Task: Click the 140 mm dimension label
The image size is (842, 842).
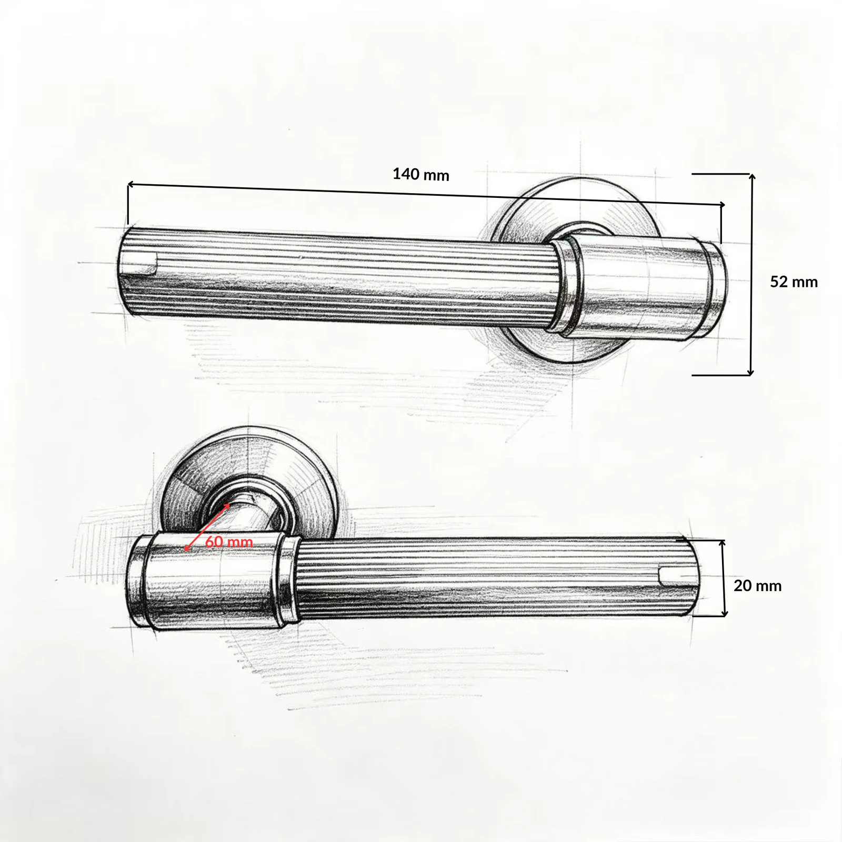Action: click(x=421, y=174)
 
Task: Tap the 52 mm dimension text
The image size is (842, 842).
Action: click(x=794, y=282)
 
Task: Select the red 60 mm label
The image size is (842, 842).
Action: click(x=229, y=542)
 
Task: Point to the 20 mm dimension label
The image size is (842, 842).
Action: click(x=757, y=586)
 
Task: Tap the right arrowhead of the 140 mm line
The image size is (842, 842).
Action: click(x=721, y=204)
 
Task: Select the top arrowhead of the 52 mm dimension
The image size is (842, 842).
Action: click(x=753, y=177)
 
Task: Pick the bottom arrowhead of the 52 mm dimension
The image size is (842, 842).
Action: click(x=750, y=372)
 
